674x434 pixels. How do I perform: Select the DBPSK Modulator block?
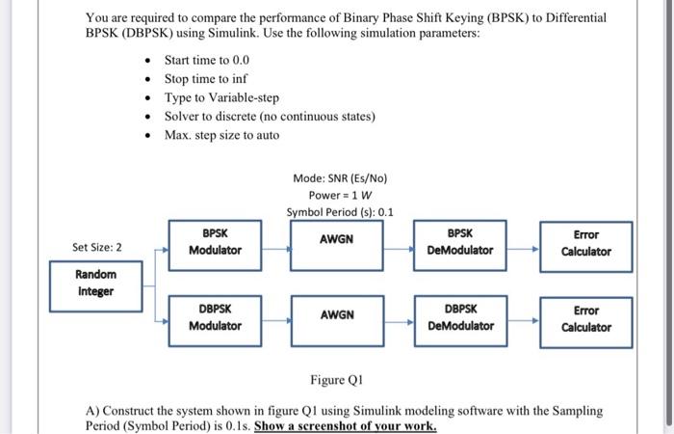coord(215,318)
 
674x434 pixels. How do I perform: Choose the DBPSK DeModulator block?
coord(460,318)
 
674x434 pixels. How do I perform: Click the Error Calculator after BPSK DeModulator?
coord(585,243)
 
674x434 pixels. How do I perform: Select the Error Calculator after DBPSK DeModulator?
coord(585,319)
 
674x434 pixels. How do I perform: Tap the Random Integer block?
coord(95,283)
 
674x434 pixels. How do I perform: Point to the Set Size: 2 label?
coord(97,248)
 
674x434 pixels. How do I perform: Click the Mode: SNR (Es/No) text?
coord(340,177)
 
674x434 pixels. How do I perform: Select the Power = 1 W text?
coord(340,195)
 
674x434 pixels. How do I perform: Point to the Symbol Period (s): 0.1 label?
coord(340,212)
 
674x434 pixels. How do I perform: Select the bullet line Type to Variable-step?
coord(221,97)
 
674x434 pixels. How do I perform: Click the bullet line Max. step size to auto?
coord(221,135)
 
